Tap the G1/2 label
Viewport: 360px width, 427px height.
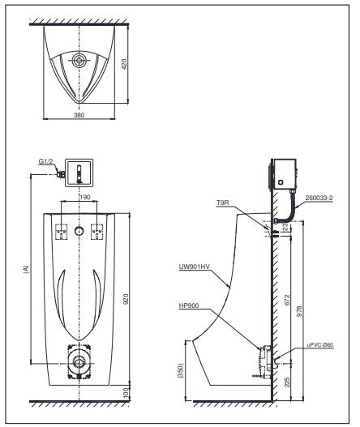click(x=45, y=162)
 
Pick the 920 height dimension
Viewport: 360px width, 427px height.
click(x=126, y=299)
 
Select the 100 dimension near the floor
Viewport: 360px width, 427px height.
click(x=126, y=393)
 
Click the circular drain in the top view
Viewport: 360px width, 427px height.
click(x=78, y=60)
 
